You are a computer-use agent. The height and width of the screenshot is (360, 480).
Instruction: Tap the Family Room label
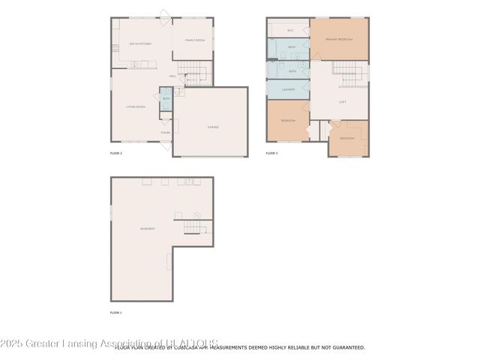194,40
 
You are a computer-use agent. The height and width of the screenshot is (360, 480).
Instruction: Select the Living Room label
135,106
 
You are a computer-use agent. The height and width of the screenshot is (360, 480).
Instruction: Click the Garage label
214,127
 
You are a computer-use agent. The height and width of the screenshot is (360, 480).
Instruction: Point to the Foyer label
165,132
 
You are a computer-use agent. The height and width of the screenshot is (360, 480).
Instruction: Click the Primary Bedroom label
339,38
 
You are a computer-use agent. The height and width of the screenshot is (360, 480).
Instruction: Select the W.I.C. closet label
289,31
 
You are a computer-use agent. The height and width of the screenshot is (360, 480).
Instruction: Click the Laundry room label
289,89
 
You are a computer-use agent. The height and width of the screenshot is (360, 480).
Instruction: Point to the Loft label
342,101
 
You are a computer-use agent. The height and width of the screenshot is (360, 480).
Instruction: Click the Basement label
148,229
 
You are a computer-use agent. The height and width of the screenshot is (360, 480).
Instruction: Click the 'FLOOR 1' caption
115,312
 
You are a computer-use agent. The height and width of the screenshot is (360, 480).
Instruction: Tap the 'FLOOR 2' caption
115,152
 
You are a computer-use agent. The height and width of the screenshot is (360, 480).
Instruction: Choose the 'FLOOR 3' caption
271,152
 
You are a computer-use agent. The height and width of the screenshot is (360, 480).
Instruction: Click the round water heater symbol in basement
197,216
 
